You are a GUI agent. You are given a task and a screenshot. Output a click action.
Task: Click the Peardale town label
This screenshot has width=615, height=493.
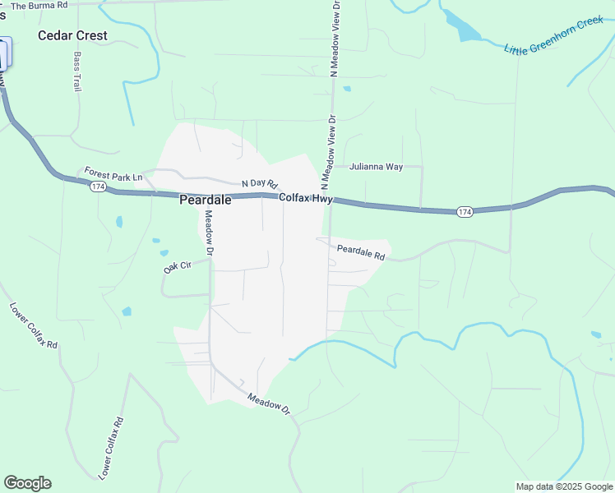(x=205, y=200)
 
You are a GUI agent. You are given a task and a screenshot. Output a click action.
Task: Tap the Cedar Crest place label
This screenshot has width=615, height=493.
(x=73, y=35)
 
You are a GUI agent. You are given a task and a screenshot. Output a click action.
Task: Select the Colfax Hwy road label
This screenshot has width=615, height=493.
(x=304, y=198)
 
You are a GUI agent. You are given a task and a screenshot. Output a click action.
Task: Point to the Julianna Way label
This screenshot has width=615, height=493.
(x=376, y=167)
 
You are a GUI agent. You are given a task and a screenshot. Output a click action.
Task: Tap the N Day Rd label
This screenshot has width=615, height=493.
(x=260, y=184)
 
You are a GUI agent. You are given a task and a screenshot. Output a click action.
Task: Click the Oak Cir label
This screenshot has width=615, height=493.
(x=177, y=267)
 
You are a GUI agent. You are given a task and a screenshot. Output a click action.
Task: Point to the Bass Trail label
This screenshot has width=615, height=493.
(x=78, y=71)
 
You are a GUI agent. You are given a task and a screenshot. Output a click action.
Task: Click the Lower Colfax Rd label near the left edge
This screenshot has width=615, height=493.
(x=34, y=325)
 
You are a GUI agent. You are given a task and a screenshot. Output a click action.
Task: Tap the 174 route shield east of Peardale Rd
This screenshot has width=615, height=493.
(x=465, y=212)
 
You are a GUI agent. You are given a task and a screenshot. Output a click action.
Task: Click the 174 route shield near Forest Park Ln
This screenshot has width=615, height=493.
(x=98, y=187)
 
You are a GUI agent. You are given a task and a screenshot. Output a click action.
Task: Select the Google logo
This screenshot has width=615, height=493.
(x=27, y=483)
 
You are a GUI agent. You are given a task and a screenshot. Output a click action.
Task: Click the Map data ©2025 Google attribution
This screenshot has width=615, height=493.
(x=565, y=486)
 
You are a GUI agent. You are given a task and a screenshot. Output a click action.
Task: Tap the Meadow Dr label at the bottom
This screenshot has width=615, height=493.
(x=270, y=403)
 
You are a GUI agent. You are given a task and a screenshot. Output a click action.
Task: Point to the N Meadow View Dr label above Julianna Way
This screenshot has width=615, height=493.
(x=335, y=39)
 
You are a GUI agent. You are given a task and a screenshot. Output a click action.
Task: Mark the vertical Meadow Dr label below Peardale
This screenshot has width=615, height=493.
(x=209, y=231)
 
